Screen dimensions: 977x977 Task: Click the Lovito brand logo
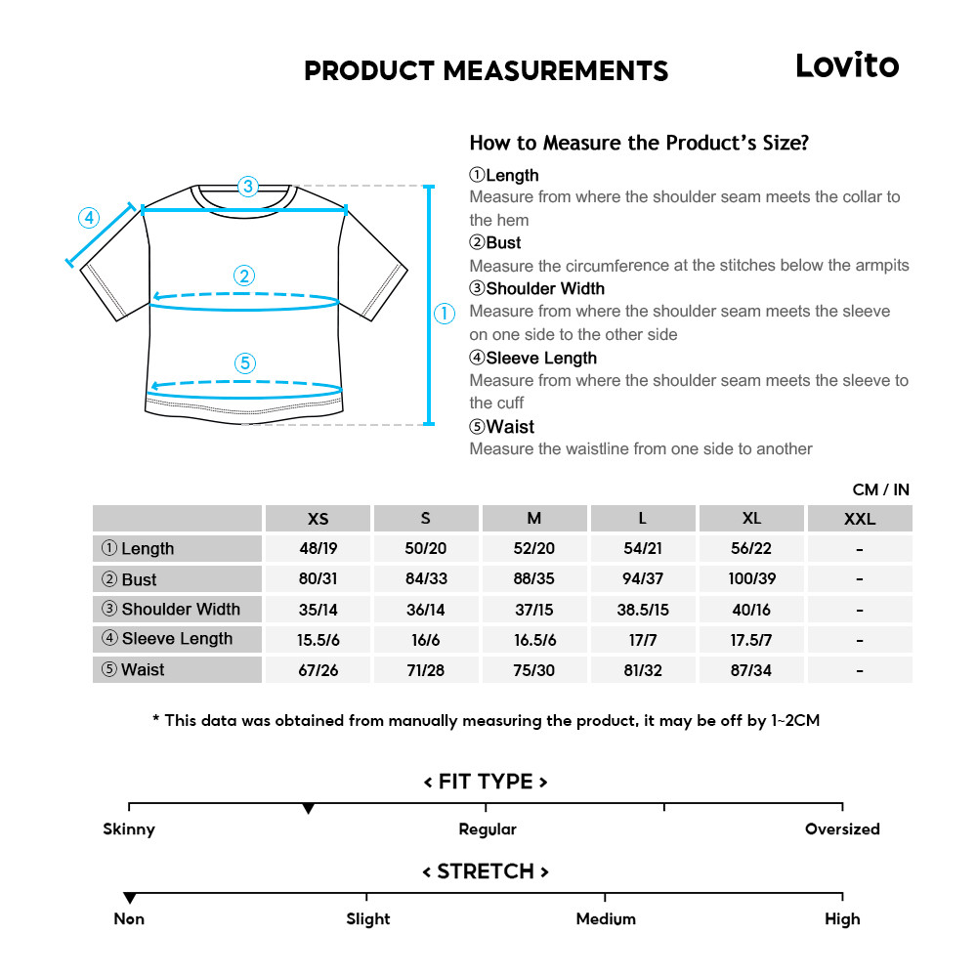846,65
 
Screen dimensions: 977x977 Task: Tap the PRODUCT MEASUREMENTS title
486,70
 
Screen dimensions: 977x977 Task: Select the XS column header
318,519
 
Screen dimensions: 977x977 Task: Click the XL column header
751,519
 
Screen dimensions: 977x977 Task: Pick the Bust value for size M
533,579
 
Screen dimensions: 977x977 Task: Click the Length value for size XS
318,549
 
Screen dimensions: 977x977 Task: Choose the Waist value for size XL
751,670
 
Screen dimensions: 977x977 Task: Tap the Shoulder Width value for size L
642,610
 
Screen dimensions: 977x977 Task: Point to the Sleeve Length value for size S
425,640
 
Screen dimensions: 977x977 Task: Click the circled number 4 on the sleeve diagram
89,218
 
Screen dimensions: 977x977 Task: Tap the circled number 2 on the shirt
245,276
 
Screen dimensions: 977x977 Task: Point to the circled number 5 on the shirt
245,363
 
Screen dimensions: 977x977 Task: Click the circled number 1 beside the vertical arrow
445,314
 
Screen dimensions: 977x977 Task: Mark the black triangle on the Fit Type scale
309,809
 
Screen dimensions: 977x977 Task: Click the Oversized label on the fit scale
842,829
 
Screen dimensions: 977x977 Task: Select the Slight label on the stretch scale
367,919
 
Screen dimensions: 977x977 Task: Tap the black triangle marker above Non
129,898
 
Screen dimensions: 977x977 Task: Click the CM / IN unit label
880,489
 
